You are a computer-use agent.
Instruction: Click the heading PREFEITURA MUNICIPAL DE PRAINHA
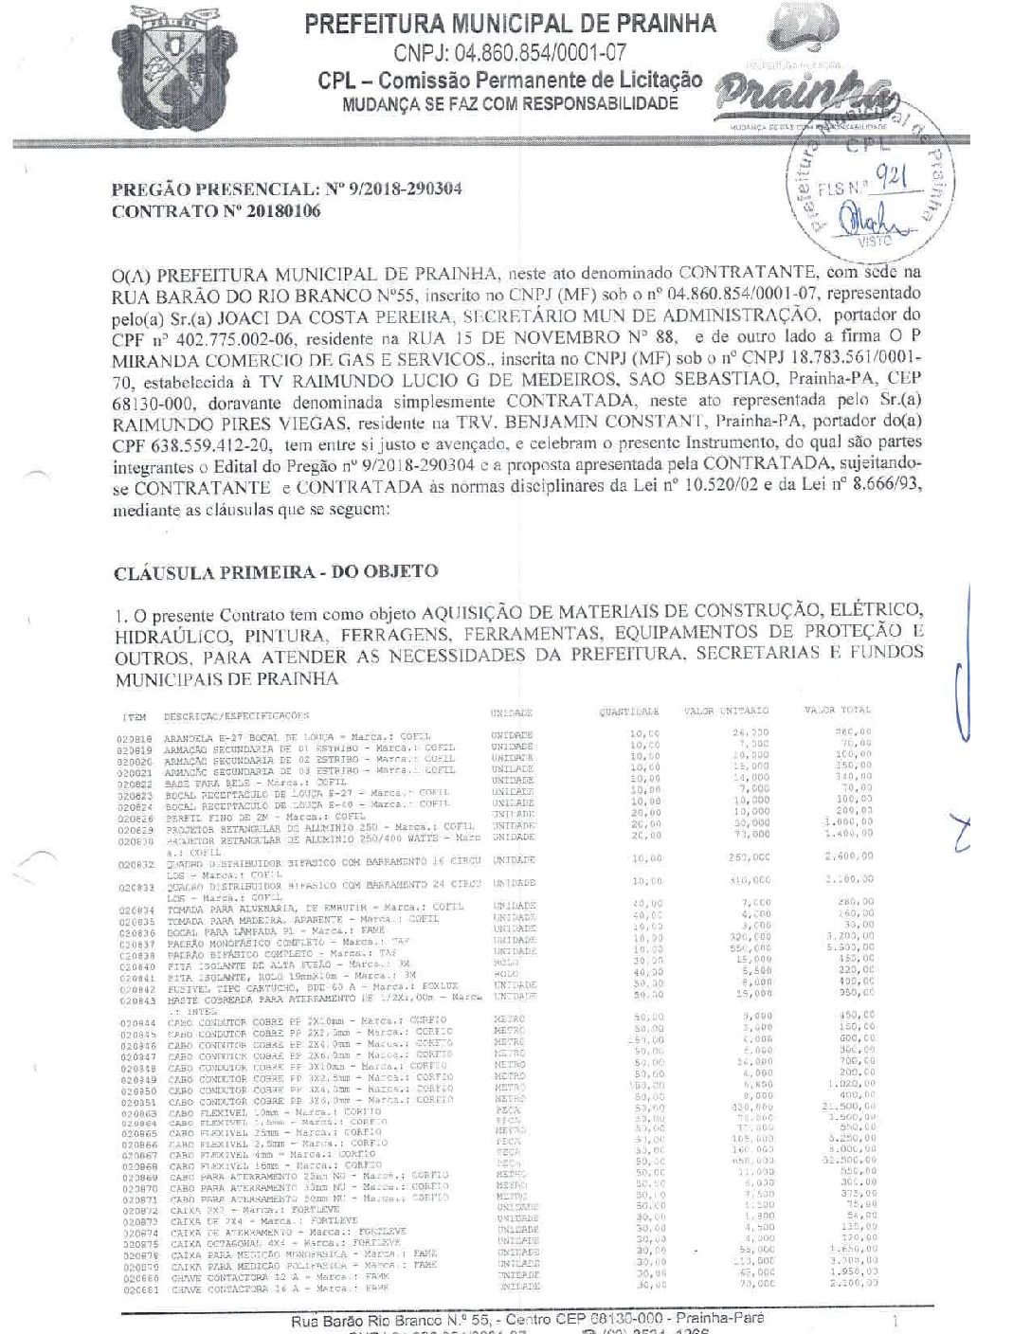511,24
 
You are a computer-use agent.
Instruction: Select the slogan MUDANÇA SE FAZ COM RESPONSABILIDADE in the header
511,103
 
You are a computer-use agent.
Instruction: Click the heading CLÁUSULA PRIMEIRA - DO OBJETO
275,572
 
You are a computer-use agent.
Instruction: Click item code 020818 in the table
134,736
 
